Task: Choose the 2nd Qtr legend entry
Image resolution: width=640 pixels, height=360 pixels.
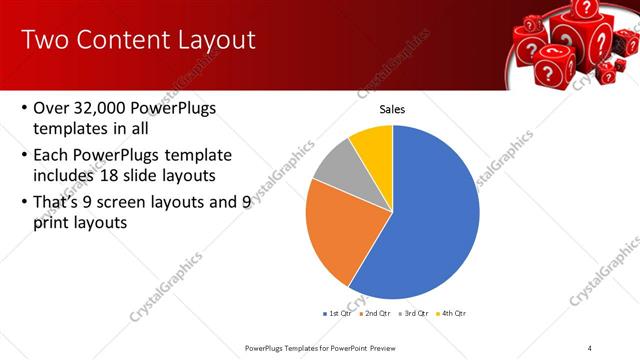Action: point(376,313)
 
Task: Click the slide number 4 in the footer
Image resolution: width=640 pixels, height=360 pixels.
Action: point(590,347)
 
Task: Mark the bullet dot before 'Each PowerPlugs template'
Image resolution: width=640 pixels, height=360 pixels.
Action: point(24,155)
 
